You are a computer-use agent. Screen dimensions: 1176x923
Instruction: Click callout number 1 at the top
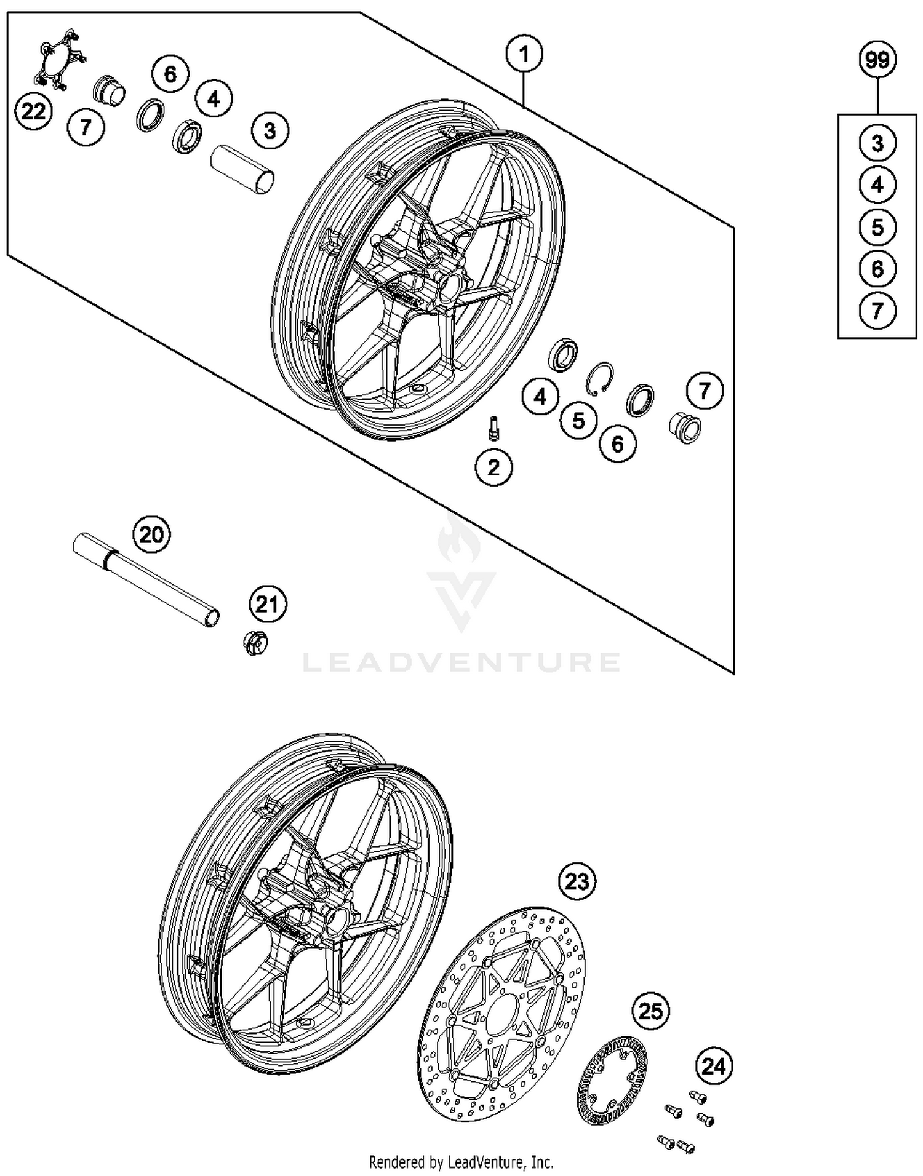tap(524, 55)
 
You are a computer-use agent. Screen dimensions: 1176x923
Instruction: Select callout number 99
tap(877, 60)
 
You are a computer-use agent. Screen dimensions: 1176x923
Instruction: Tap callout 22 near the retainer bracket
tap(33, 112)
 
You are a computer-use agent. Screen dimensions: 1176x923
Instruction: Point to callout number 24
tap(714, 1066)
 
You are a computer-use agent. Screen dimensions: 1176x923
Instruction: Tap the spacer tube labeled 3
tap(242, 170)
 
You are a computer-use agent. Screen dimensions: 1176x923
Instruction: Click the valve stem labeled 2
tap(493, 428)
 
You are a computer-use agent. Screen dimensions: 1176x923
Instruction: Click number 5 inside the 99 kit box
tap(877, 228)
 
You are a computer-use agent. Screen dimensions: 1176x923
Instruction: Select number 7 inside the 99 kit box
tap(877, 311)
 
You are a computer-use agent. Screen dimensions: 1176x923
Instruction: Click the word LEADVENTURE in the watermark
tap(461, 662)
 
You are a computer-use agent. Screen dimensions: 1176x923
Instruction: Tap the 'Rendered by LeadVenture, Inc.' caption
tap(461, 1162)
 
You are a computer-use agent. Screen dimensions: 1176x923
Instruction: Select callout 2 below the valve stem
tap(493, 468)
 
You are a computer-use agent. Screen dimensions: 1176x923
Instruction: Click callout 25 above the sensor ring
tap(651, 1011)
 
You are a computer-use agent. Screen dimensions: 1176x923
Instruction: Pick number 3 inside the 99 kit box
tap(877, 143)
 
